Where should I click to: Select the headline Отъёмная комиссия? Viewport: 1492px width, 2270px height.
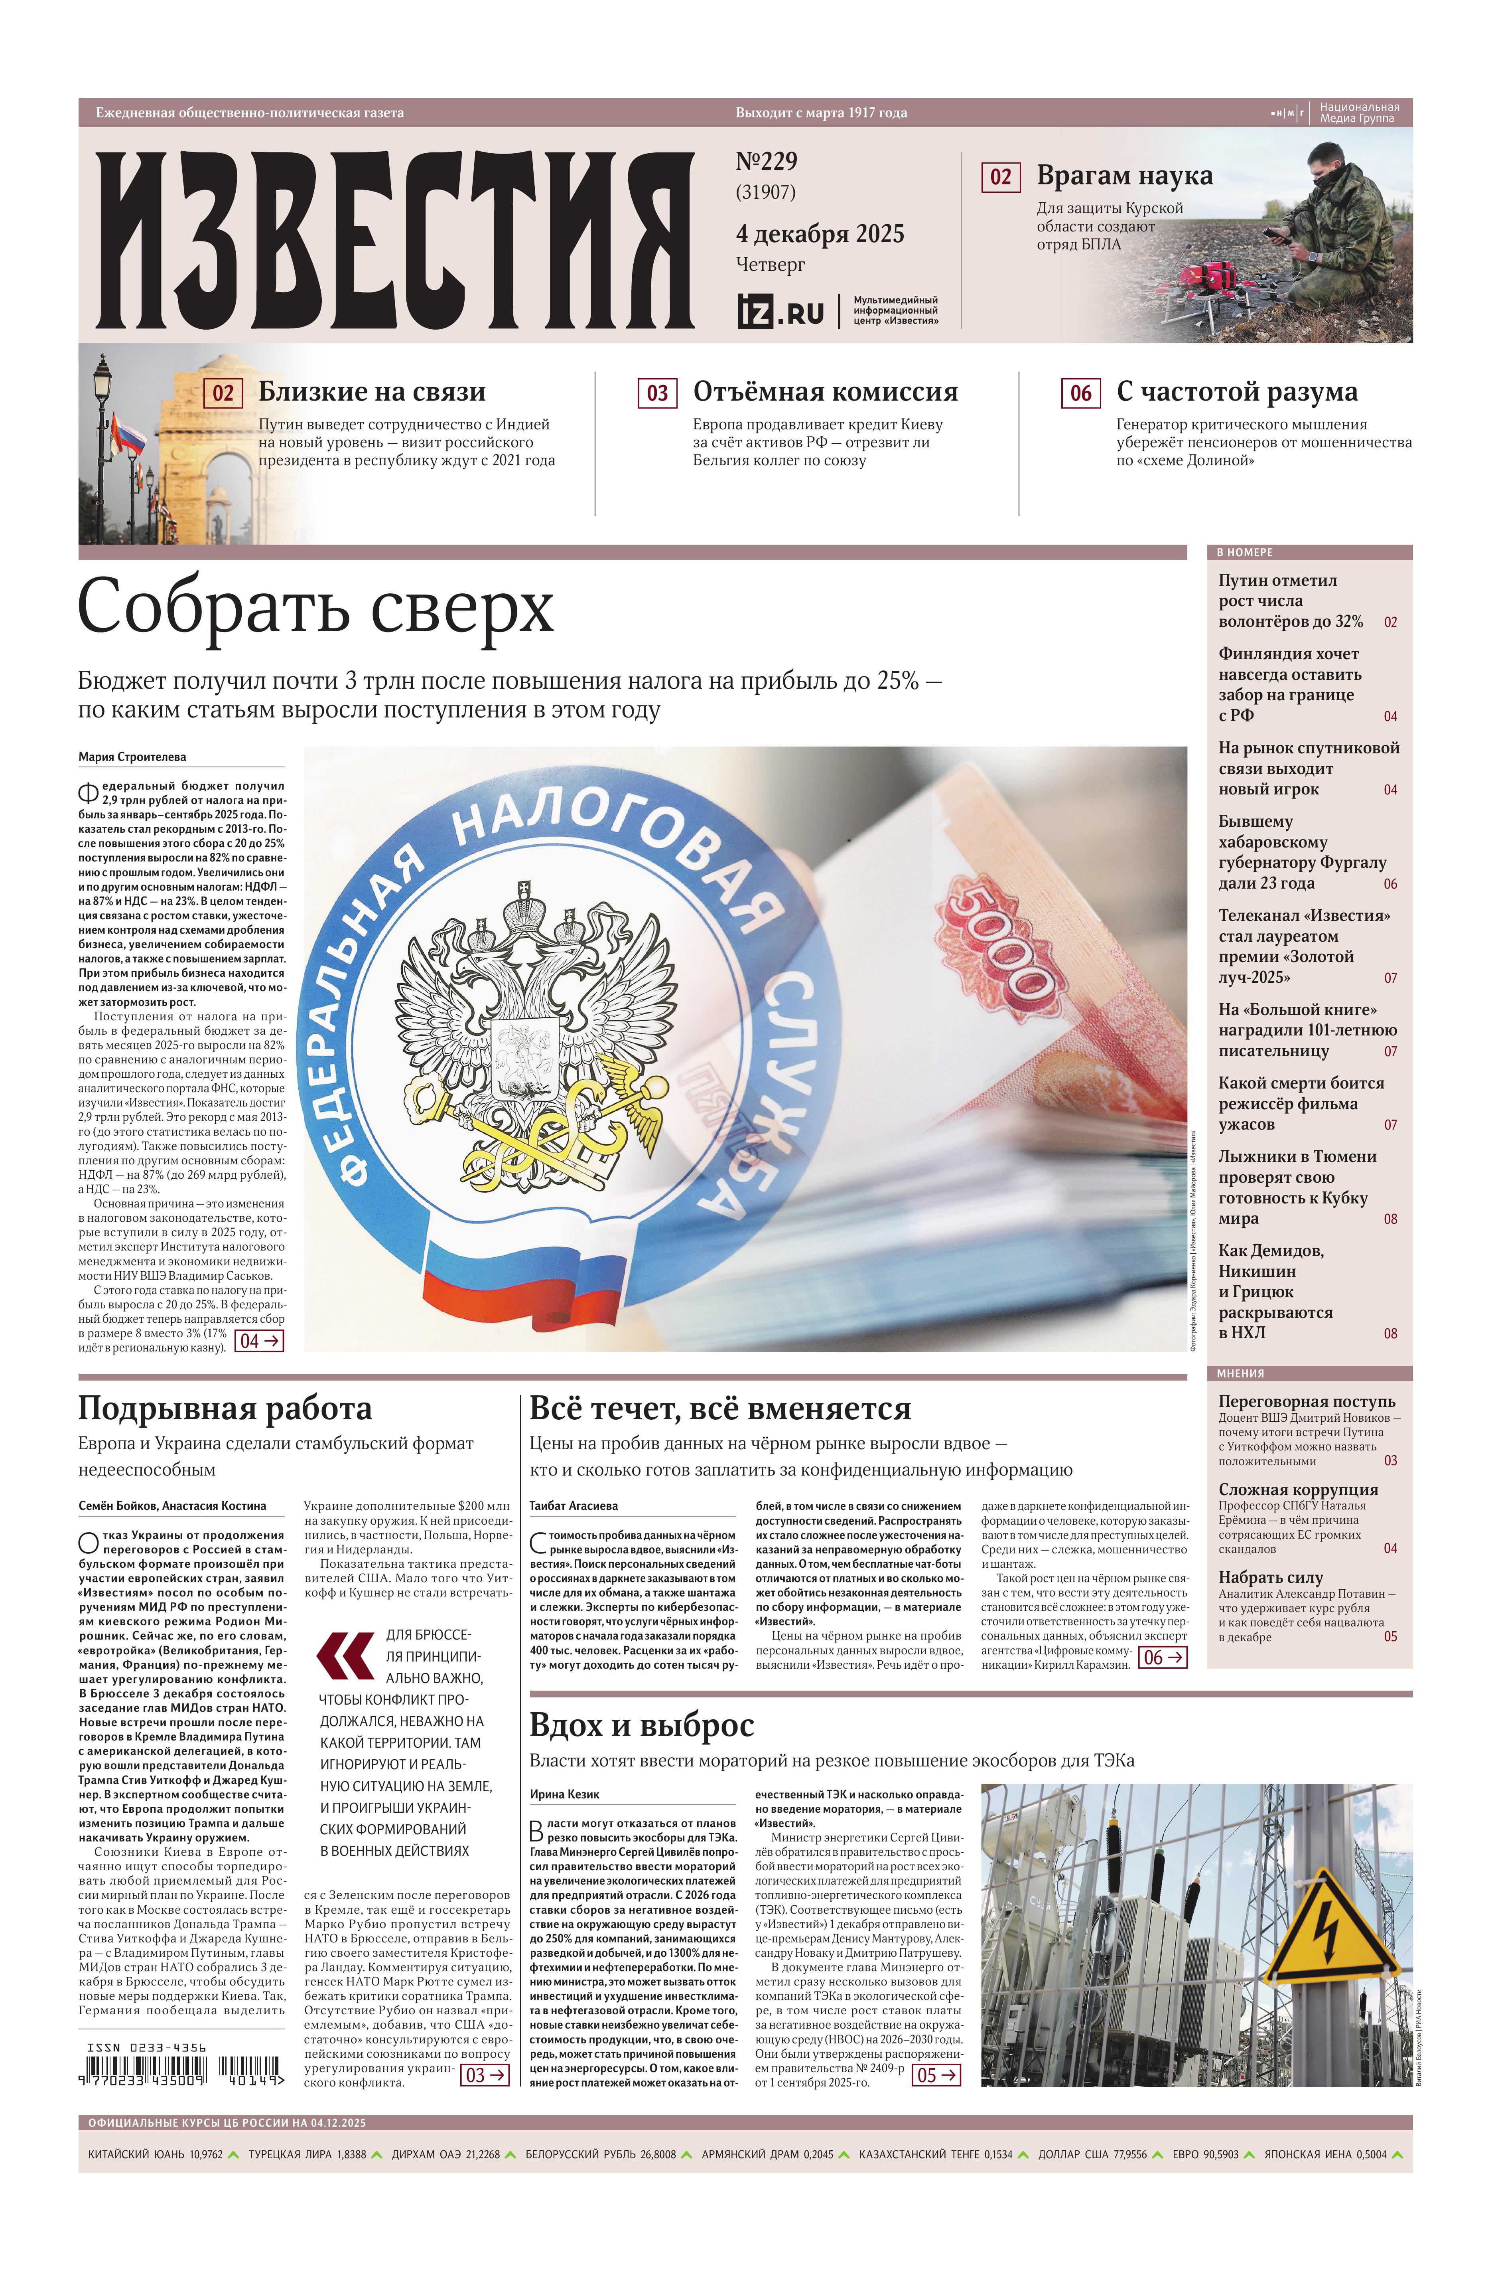pyautogui.click(x=825, y=392)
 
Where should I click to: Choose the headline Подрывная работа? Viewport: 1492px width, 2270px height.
pyautogui.click(x=225, y=1409)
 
